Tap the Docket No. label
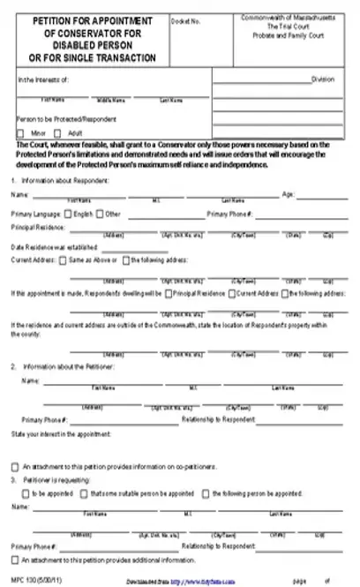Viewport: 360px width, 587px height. point(183,19)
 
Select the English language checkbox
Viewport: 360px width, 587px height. point(70,214)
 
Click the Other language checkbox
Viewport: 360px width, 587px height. point(101,214)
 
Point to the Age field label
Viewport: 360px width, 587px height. point(288,193)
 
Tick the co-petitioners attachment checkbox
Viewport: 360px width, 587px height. point(15,466)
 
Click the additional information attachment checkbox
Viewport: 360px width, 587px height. point(15,560)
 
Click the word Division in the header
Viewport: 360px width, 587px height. point(322,79)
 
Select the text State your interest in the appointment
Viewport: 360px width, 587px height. point(62,434)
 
